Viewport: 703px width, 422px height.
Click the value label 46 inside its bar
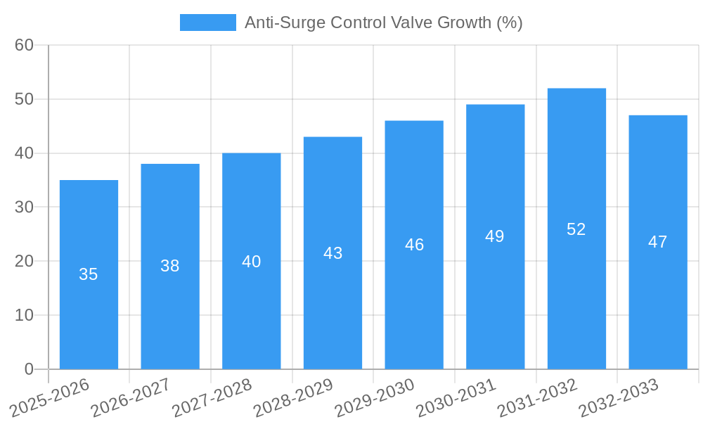coord(414,245)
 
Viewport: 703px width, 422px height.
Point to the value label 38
coord(169,266)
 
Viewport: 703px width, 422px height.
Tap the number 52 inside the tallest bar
coord(576,229)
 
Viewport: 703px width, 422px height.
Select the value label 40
coord(251,262)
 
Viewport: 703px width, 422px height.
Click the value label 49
coord(494,236)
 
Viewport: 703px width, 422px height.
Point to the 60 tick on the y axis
coord(24,45)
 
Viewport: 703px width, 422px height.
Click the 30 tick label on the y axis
coord(24,207)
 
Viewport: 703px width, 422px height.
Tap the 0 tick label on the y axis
coord(29,369)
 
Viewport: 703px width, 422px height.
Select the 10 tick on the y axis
coord(24,315)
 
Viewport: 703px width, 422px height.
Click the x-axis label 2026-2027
coord(131,397)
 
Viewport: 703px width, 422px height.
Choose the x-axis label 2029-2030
coord(375,397)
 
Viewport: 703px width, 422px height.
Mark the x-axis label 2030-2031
coord(456,397)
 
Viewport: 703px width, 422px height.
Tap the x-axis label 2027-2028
coord(212,397)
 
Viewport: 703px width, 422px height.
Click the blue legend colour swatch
coord(207,23)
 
